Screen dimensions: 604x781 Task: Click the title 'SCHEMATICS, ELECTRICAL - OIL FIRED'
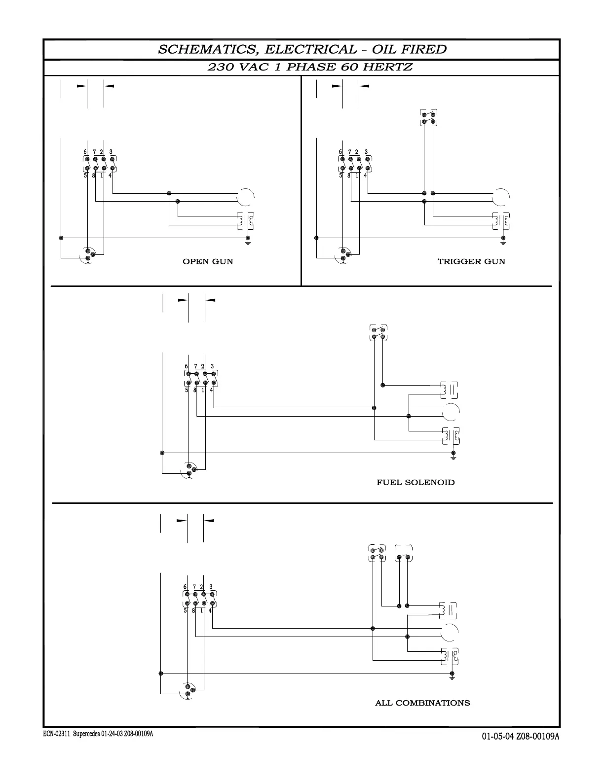coord(302,49)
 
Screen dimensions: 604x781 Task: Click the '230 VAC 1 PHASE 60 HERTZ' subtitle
coord(310,67)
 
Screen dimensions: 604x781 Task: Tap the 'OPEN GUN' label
coord(208,261)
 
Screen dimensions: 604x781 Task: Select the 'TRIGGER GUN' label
coord(471,261)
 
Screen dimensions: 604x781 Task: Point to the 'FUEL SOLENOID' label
coord(415,482)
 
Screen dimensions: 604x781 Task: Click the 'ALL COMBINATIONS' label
coord(422,703)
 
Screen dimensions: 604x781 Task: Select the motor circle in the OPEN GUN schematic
coord(245,197)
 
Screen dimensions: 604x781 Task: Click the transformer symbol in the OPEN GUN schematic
coord(245,221)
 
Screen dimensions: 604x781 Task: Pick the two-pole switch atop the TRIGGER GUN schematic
coord(428,118)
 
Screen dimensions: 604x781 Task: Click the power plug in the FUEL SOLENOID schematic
coord(189,469)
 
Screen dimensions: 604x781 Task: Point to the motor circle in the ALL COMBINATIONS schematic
coord(450,632)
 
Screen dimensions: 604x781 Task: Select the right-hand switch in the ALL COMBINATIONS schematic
coord(404,554)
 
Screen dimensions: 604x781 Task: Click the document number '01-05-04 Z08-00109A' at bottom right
coord(521,737)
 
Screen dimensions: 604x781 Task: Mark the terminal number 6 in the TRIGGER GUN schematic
coord(340,152)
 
